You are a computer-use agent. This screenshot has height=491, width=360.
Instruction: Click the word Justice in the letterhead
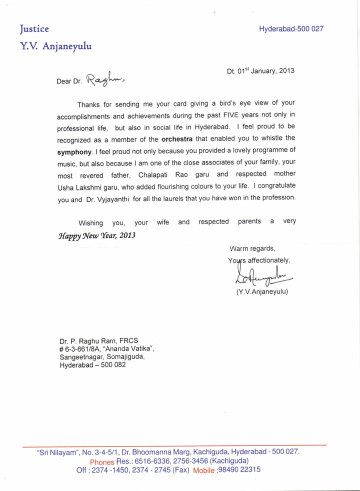pos(34,28)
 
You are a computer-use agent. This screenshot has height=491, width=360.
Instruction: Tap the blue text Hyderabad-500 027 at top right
pos(291,29)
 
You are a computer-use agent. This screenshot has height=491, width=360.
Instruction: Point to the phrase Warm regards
pos(252,248)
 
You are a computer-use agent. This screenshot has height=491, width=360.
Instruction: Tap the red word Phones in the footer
pos(102,461)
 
